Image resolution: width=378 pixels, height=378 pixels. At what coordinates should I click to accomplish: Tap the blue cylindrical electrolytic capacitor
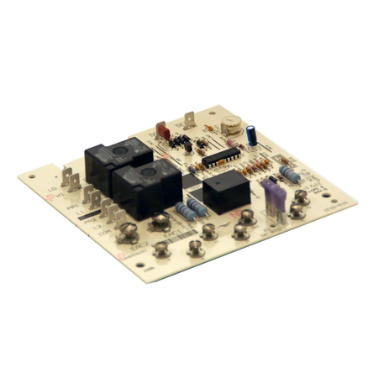tap(252, 135)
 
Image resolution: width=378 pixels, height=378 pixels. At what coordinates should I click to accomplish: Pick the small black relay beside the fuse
tap(225, 192)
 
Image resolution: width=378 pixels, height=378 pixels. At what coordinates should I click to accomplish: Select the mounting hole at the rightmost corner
tap(341, 197)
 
